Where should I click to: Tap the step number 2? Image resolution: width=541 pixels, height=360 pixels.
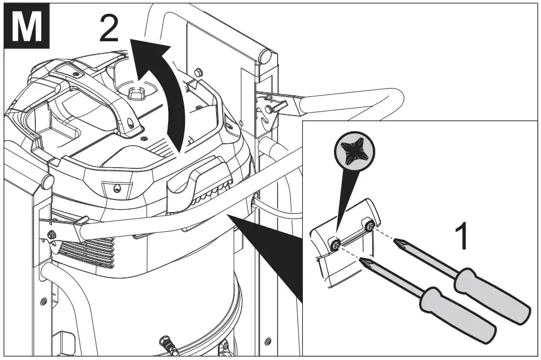tap(109, 28)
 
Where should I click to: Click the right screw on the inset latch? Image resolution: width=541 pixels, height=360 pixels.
tap(370, 226)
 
